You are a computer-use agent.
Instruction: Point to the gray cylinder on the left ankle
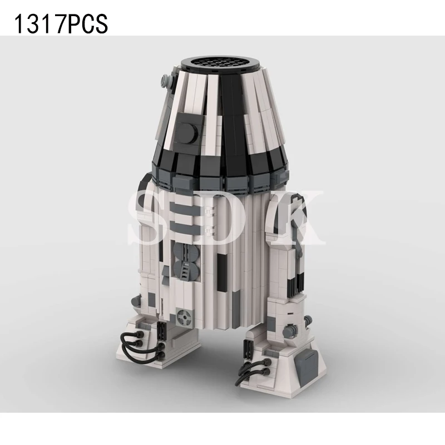click(x=136, y=303)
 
